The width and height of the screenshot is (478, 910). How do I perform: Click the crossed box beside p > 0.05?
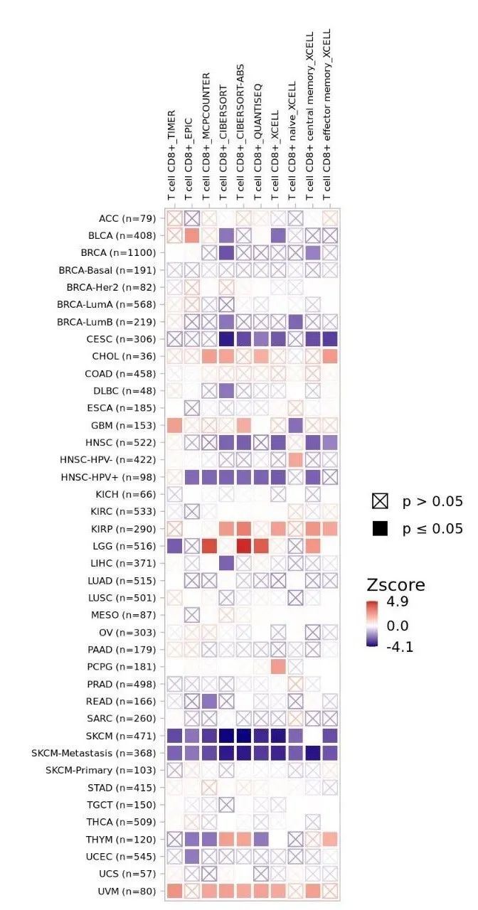[x=380, y=502]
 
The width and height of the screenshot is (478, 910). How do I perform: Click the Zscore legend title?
[x=395, y=585]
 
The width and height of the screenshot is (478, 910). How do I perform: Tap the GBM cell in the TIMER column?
[x=174, y=424]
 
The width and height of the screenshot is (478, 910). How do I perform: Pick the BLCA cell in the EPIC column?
[x=191, y=235]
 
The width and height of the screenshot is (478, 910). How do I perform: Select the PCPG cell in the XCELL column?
[x=278, y=666]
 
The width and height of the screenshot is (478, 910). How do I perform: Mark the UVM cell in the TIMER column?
[x=174, y=891]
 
